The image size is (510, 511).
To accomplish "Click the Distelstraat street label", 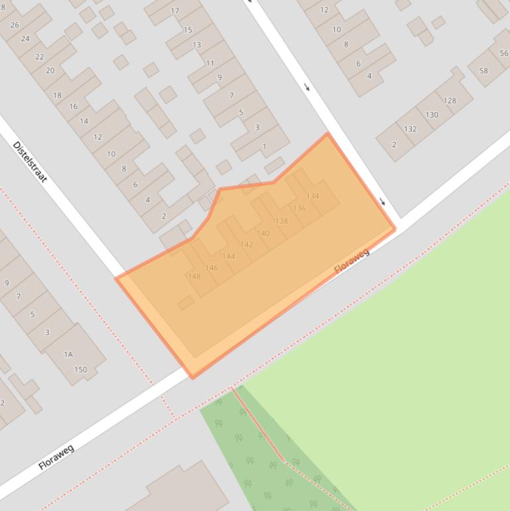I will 30,162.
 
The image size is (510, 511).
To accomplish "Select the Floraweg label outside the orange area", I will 56,457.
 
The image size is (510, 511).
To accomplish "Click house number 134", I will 312,196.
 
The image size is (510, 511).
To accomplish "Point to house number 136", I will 299,208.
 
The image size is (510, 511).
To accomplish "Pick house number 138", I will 282,221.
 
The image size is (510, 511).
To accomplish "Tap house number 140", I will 263,234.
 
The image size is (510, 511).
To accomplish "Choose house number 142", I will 247,245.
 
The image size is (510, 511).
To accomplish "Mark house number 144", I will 229,256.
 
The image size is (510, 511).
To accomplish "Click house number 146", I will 212,268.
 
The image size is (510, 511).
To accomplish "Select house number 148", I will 194,277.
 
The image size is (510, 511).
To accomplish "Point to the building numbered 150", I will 81,370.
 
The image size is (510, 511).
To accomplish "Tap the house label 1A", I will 68,355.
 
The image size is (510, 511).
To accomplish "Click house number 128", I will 450,101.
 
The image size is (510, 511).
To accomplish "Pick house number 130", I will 432,115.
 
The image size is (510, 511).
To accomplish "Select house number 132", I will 411,129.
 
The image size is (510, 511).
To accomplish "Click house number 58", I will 483,71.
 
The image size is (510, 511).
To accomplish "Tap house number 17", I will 175,11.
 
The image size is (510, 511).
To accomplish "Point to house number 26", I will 15,25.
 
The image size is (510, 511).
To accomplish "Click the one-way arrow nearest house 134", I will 382,202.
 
